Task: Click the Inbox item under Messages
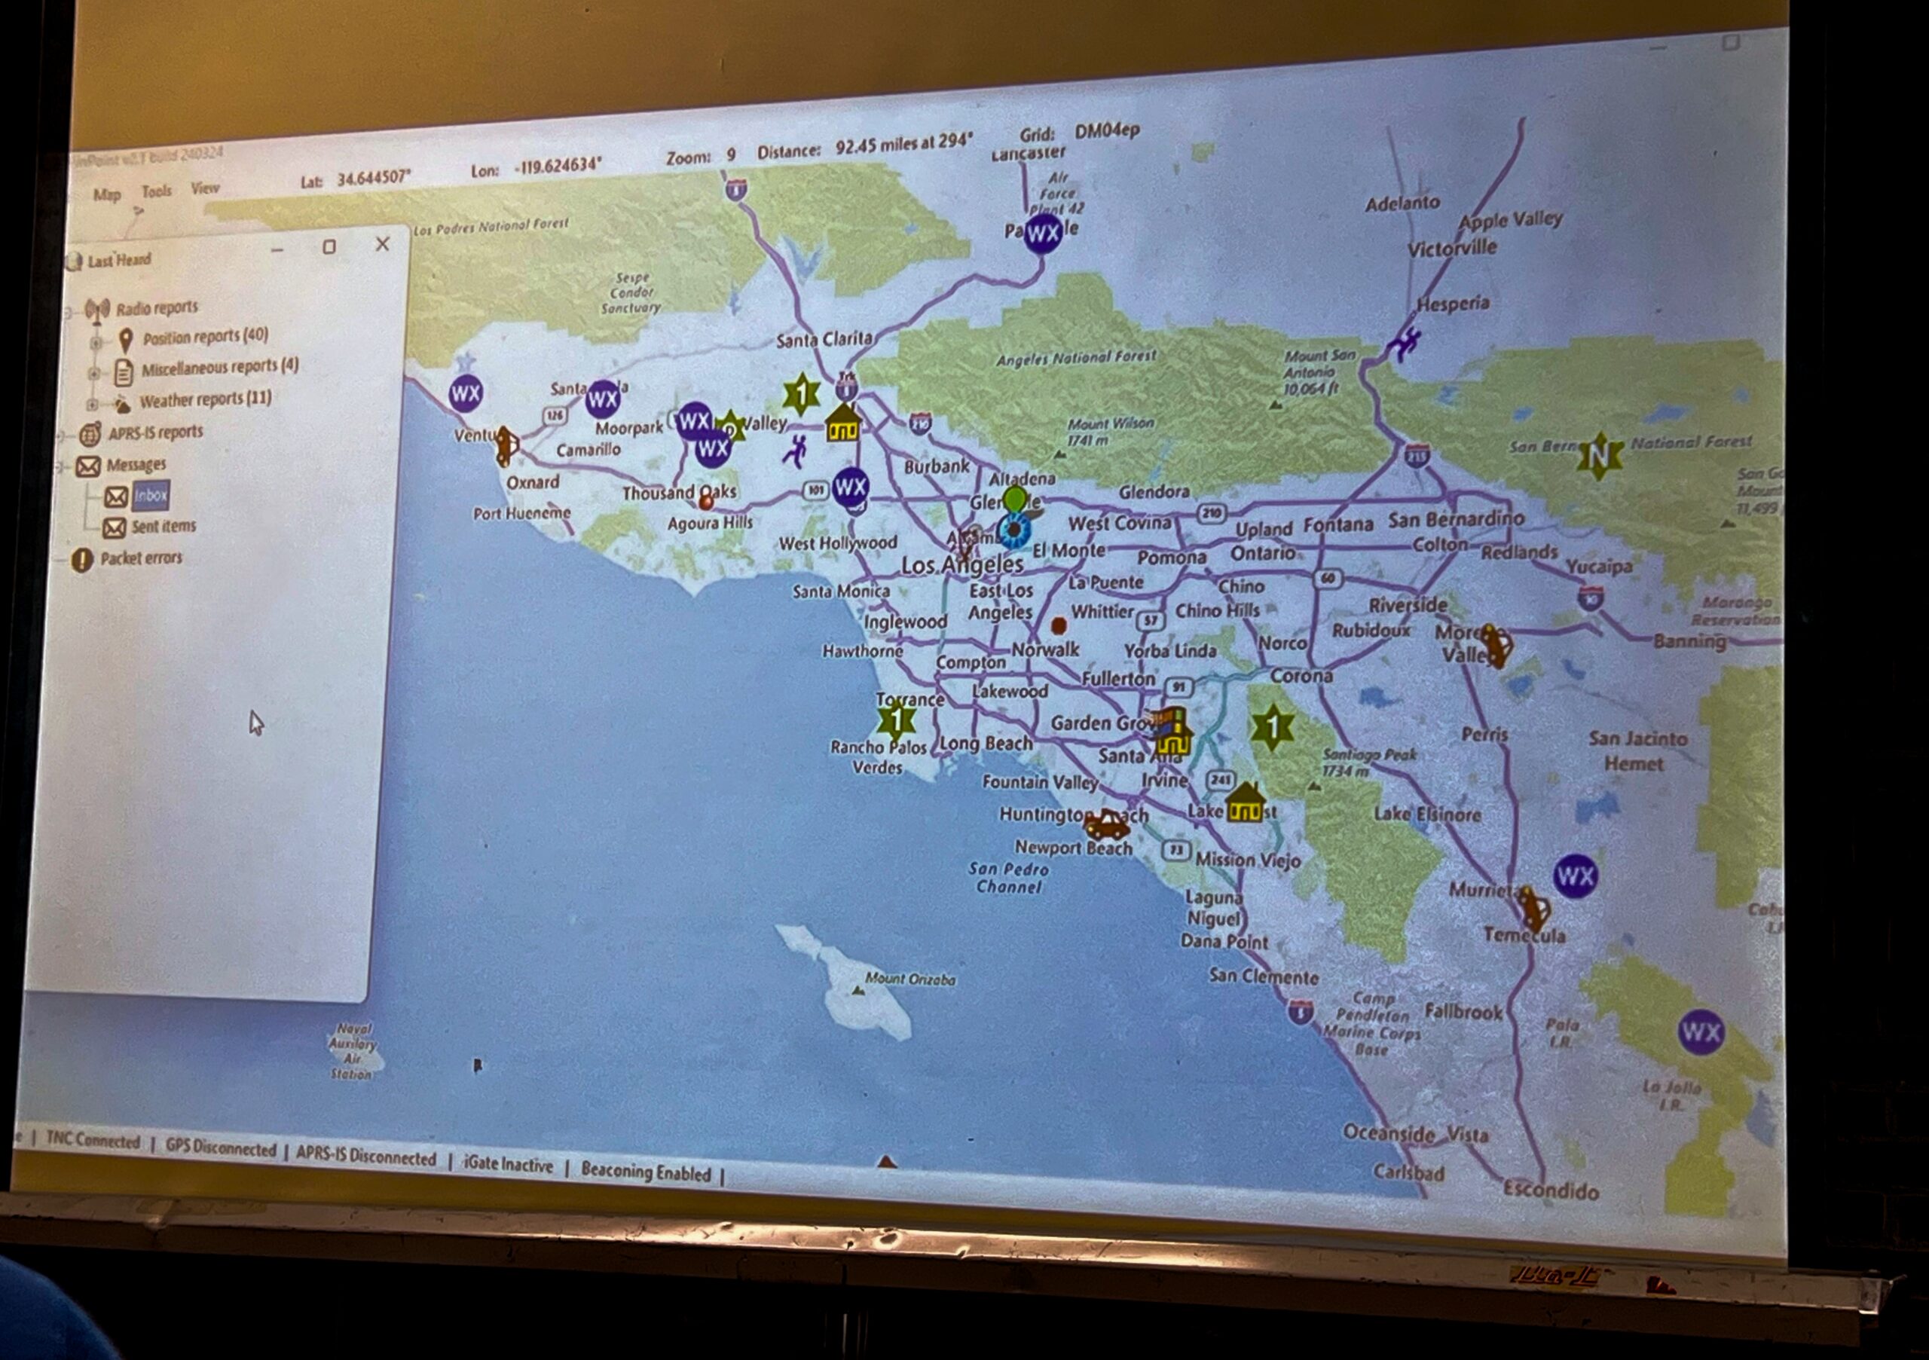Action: coord(151,496)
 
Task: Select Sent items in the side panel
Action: coord(163,527)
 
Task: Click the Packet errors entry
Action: coord(140,558)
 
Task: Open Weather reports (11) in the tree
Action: coord(205,400)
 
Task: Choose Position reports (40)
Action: coord(205,337)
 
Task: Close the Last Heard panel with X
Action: coord(382,243)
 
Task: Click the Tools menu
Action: coord(156,191)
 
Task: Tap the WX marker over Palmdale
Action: coord(1043,232)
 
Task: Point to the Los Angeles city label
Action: coord(962,565)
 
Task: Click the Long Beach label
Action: coord(986,744)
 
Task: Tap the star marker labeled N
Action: coord(1599,456)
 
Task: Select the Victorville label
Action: coord(1452,249)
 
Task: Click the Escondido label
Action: coord(1550,1190)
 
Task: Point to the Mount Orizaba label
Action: coord(910,979)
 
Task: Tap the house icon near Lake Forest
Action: coord(1245,804)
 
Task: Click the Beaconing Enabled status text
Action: coord(645,1172)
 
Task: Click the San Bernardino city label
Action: coord(1456,519)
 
